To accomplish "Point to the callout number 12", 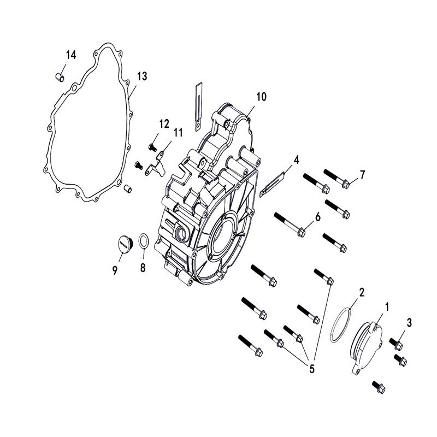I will tap(164, 123).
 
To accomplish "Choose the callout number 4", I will tap(296, 160).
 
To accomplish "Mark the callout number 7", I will tap(361, 175).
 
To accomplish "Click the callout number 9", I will tap(115, 269).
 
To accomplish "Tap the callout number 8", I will tap(143, 267).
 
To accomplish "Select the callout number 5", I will tap(312, 369).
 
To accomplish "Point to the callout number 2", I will tap(361, 292).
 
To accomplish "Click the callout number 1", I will tap(387, 308).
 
